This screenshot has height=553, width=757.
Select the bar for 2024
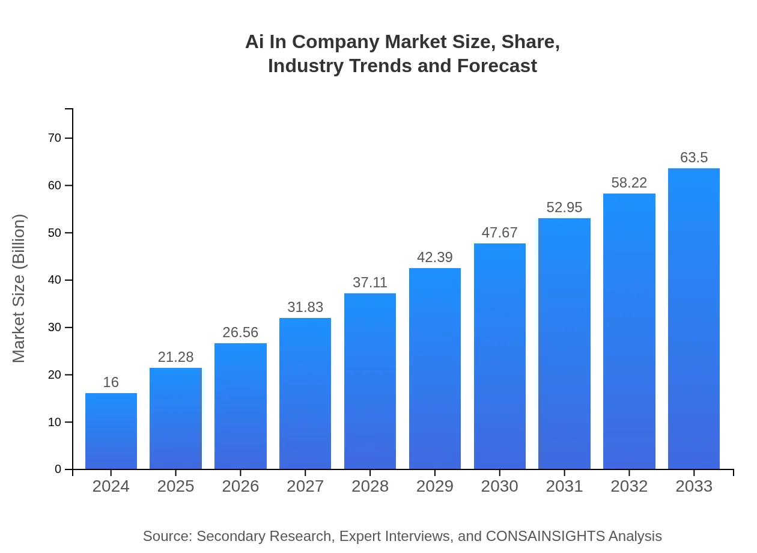point(111,431)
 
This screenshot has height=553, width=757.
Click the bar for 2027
point(305,394)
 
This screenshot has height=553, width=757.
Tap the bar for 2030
point(500,356)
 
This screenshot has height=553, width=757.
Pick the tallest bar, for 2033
point(694,319)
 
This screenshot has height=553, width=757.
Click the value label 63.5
point(694,157)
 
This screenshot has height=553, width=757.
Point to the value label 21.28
point(175,357)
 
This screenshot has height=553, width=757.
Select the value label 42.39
point(435,257)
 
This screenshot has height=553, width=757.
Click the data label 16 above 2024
point(111,382)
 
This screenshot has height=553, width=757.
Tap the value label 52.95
point(564,207)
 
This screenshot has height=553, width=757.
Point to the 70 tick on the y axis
point(55,138)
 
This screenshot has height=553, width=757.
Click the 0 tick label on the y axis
point(58,469)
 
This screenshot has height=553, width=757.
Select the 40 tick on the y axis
point(55,280)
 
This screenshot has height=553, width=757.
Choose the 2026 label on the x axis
point(240,486)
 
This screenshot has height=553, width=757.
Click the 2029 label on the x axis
point(435,486)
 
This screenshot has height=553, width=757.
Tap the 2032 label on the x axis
point(629,486)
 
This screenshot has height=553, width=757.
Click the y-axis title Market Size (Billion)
point(19,289)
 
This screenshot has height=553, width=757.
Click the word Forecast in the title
point(496,66)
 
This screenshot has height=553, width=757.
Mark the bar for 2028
point(370,381)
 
